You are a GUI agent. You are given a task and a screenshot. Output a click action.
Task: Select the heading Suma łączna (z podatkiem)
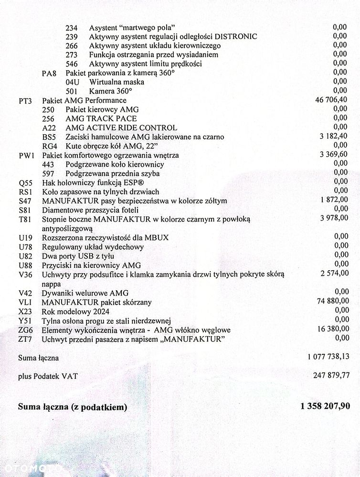[73, 407]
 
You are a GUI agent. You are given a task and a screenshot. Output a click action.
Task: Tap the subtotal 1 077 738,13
[325, 356]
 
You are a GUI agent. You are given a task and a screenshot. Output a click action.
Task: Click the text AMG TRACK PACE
[101, 118]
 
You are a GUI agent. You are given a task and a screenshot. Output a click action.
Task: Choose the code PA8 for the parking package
[49, 73]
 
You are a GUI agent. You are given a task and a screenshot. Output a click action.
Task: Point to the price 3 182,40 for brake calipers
[334, 136]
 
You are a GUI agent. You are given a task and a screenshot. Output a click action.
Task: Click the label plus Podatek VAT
[48, 376]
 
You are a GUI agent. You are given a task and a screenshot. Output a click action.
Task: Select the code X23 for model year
[26, 311]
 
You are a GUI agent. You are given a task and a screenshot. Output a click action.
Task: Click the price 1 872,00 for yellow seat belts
[335, 200]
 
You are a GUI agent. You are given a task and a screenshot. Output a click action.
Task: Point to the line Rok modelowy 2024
[75, 311]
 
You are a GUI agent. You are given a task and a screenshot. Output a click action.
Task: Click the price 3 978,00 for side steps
[334, 218]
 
